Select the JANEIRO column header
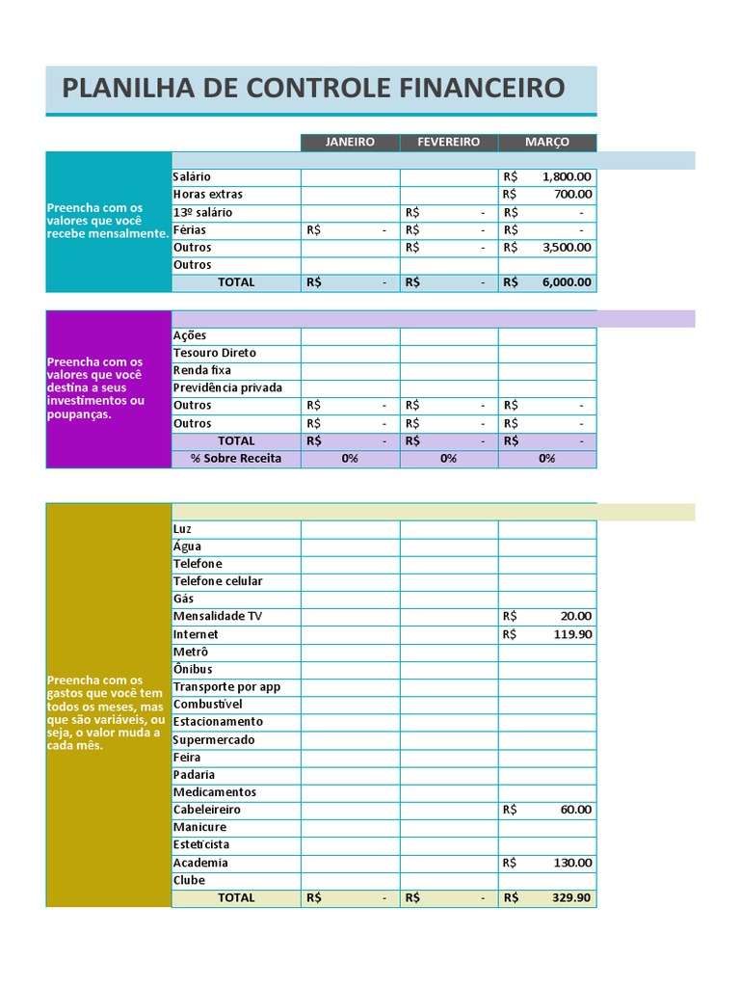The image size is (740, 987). click(350, 142)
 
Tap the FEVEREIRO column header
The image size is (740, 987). click(448, 142)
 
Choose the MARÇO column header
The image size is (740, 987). click(546, 142)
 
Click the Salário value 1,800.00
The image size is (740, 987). click(567, 176)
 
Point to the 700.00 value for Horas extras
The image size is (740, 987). click(573, 194)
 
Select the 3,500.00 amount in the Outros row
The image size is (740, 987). click(567, 247)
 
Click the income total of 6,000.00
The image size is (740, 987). click(567, 282)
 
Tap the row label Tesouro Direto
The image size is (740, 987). click(215, 353)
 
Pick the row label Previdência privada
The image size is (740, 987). click(227, 387)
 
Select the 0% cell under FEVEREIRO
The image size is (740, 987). click(448, 459)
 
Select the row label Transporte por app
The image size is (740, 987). click(226, 686)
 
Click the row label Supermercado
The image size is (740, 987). click(214, 739)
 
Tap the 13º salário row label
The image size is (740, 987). click(202, 212)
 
